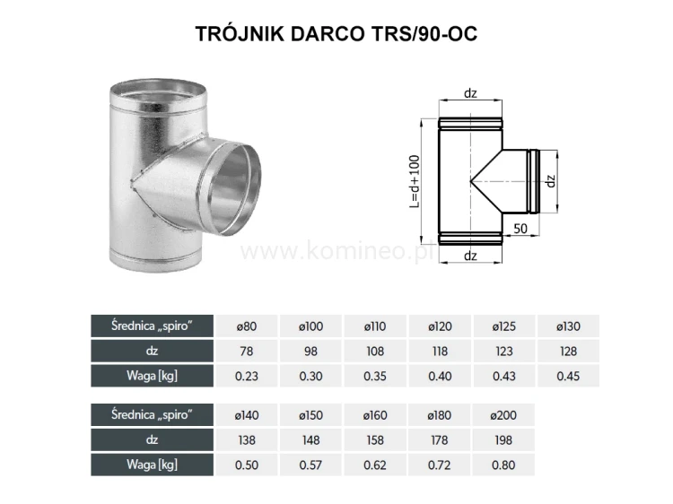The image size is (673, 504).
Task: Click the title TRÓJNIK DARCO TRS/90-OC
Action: pos(336,33)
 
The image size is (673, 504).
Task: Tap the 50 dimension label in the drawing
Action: pos(520,228)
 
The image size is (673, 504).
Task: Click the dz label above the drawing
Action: pos(470,92)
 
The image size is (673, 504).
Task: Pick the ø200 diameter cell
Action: pos(503,414)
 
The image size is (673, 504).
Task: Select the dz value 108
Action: pos(376,351)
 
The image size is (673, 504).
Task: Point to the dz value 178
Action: pos(440,439)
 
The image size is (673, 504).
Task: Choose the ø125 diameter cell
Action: pos(503,326)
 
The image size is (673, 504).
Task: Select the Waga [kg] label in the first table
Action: pos(153,375)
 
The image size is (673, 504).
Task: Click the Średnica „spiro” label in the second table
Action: pos(153,414)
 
